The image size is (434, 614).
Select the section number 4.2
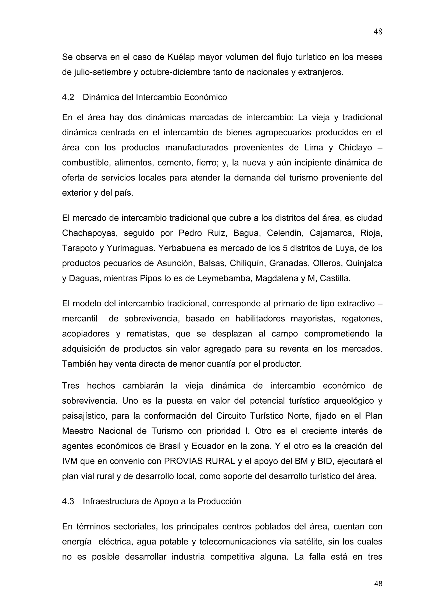(68, 97)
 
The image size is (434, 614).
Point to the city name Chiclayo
(355, 148)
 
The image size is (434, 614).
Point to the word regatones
(362, 319)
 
